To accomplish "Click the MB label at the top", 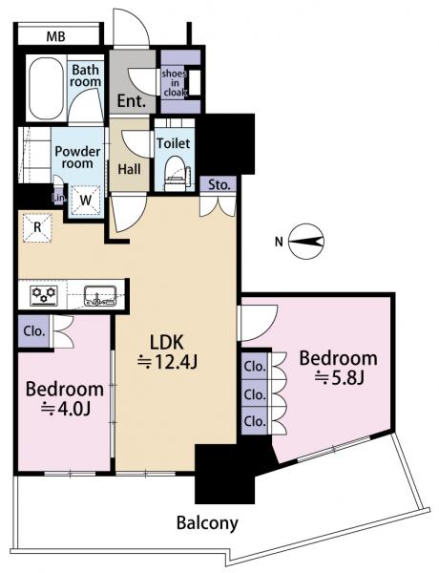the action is [x=56, y=37].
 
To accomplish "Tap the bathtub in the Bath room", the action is [x=46, y=88].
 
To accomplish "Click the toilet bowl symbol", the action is [x=176, y=174].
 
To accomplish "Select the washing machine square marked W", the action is [x=86, y=200].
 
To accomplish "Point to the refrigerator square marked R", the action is [x=37, y=227].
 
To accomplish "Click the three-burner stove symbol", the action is [x=44, y=295].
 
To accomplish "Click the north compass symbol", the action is [x=306, y=242].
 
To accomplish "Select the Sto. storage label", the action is [x=219, y=185].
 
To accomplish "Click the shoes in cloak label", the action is [x=175, y=83].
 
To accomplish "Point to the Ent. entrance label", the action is [x=132, y=101].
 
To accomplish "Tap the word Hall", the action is [x=129, y=169].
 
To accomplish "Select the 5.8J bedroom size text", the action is [x=340, y=378].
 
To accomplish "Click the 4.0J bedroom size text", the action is [x=66, y=410].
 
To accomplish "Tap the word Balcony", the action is [x=207, y=523].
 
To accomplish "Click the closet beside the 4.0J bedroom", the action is [x=34, y=331].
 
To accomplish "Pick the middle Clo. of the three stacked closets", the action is [x=255, y=394].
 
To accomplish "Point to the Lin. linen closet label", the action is [x=59, y=199].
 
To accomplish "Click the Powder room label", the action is [x=77, y=158].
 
